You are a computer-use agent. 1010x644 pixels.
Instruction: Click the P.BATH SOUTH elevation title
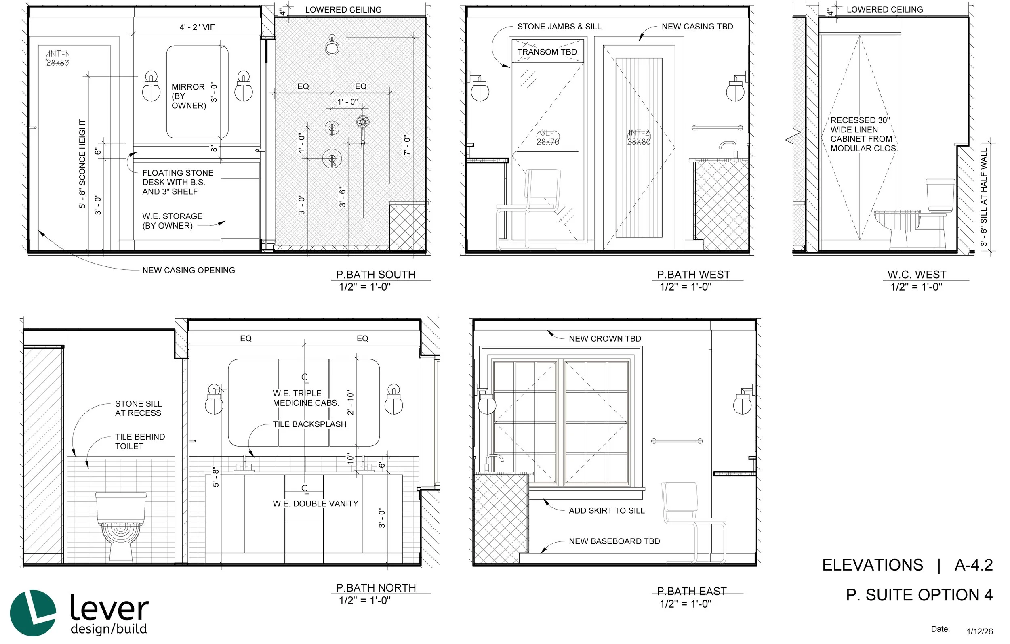(x=375, y=275)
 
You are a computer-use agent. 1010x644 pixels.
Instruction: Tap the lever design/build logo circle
(x=33, y=613)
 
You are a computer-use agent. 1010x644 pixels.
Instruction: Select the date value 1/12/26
(x=979, y=631)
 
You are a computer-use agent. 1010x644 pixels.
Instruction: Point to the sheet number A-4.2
(x=974, y=565)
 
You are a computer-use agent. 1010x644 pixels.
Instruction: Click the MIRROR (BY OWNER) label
(x=189, y=96)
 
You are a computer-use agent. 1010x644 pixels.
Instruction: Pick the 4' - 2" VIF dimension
(x=197, y=27)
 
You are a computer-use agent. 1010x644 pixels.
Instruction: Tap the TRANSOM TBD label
(x=547, y=52)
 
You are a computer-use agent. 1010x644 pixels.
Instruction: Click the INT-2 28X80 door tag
(x=638, y=137)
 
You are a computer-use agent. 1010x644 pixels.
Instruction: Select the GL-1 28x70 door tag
(x=548, y=137)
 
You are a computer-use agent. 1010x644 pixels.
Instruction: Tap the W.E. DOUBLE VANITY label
(x=316, y=503)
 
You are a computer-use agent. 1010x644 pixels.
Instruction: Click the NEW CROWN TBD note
(x=605, y=339)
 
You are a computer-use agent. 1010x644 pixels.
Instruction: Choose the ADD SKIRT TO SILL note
(x=606, y=511)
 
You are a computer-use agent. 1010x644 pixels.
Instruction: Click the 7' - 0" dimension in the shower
(x=406, y=145)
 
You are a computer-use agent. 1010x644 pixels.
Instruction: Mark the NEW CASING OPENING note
(x=188, y=271)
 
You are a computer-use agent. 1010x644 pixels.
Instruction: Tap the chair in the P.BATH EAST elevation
(x=692, y=522)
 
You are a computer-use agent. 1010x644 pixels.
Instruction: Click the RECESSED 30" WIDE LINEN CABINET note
(x=864, y=134)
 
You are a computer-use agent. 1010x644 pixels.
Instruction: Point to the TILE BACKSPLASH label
(x=309, y=424)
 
